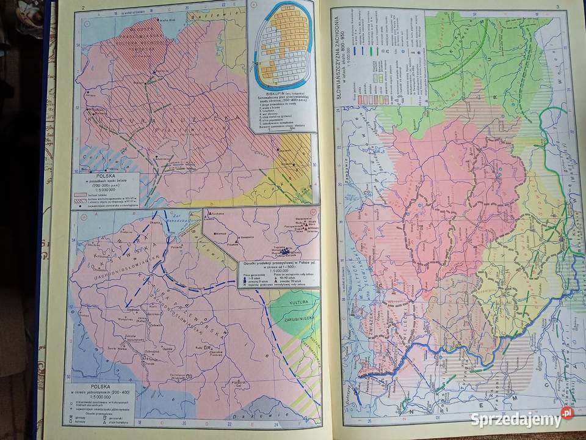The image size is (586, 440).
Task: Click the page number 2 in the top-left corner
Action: pyautogui.click(x=81, y=7)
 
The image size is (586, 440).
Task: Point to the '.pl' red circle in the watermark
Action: pyautogui.click(x=567, y=413)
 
